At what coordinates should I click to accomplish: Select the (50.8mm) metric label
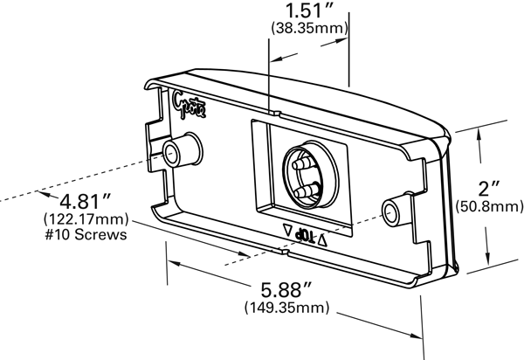click(x=490, y=206)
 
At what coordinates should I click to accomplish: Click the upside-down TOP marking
click(x=305, y=234)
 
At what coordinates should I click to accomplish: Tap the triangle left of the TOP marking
click(x=288, y=231)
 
